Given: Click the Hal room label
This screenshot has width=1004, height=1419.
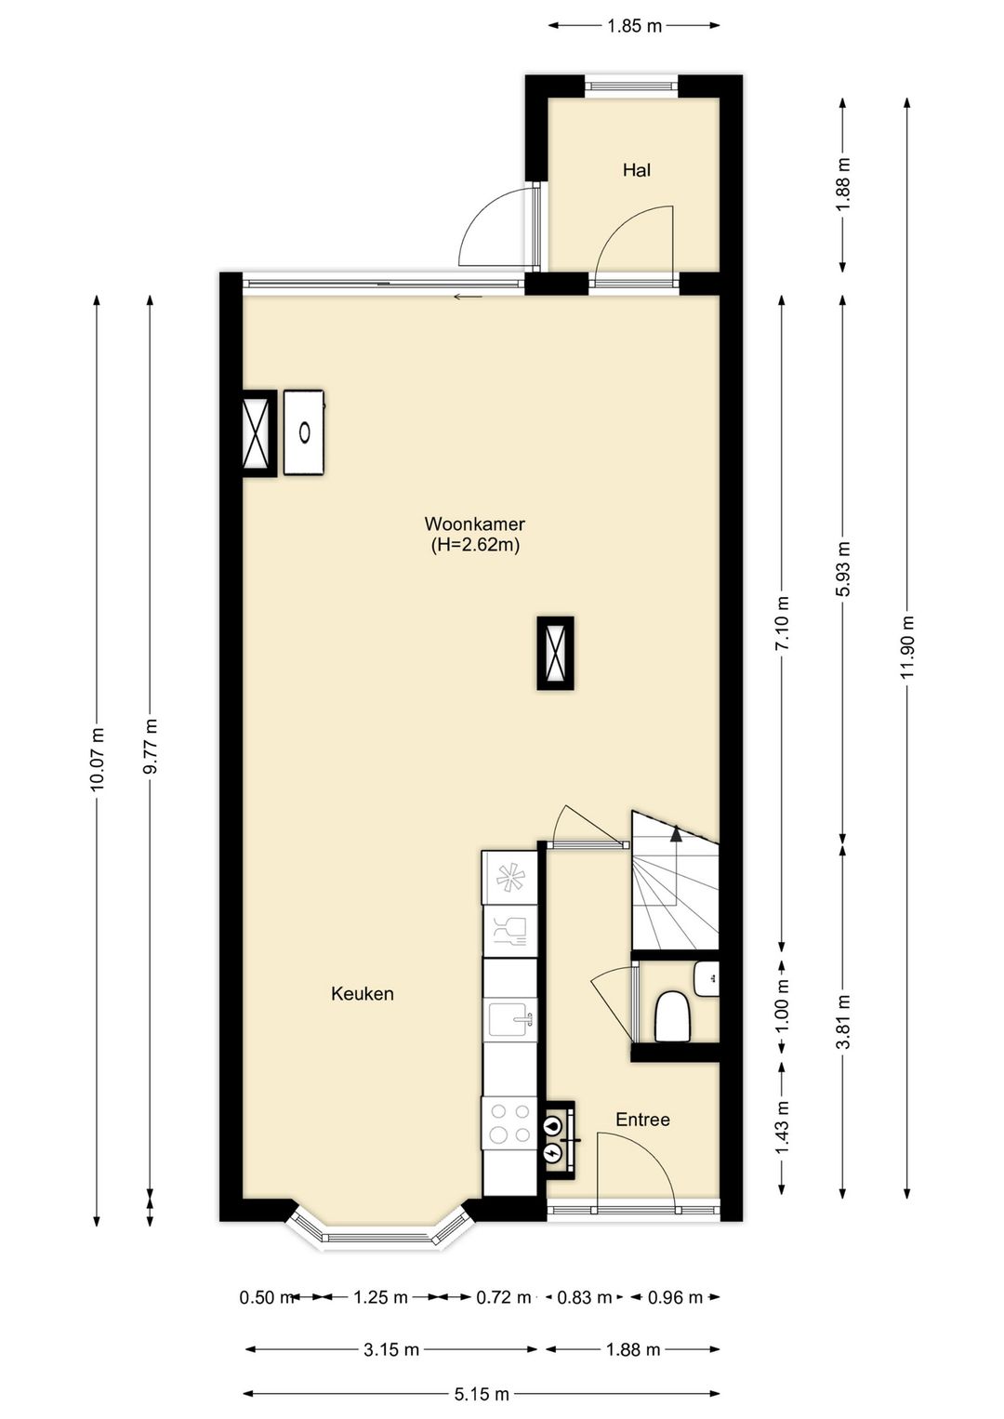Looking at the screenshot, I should tap(636, 170).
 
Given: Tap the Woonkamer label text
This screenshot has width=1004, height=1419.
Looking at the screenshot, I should tap(474, 524).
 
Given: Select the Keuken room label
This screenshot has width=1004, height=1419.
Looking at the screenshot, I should tap(363, 994).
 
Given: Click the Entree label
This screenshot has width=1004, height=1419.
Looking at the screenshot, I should tap(642, 1120).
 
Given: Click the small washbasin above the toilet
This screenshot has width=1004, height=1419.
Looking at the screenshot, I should tap(707, 978).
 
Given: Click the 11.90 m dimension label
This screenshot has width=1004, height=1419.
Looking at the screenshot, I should tap(907, 647).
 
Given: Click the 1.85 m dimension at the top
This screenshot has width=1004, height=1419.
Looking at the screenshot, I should tap(634, 26).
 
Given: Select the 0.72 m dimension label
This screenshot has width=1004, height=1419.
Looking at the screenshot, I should tap(504, 1297).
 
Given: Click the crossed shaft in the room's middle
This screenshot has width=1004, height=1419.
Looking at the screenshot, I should tap(555, 653).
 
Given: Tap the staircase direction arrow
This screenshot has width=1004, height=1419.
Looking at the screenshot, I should tap(676, 833).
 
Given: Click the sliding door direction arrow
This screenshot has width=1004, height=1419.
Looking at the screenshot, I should tap(468, 297).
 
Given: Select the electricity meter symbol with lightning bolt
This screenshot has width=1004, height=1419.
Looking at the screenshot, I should tap(553, 1152).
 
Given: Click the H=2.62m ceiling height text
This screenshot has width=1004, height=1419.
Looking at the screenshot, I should tap(474, 545).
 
